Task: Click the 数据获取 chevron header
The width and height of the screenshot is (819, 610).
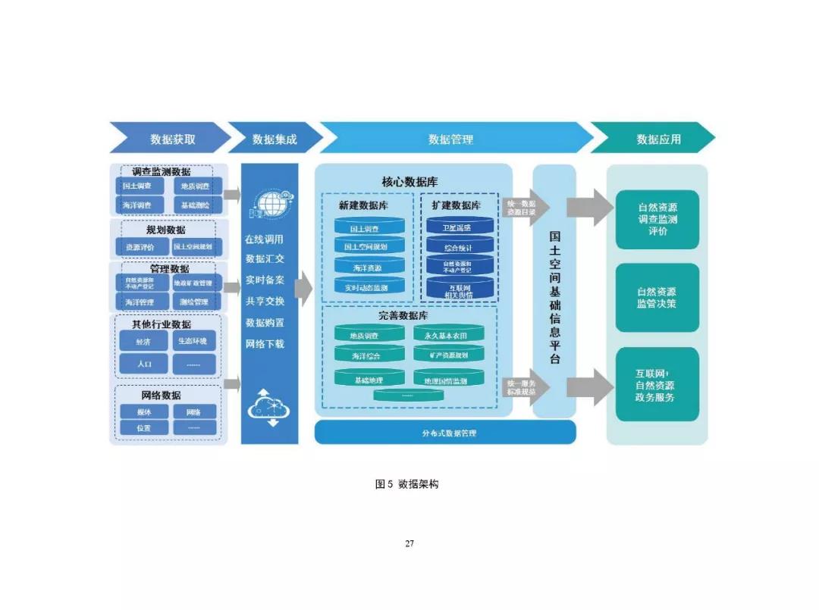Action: coord(172,139)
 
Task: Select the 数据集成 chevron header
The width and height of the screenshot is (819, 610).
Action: coord(275,139)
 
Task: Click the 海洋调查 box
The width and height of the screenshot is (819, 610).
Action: coord(138,205)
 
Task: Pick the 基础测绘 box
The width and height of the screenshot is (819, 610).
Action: coord(194,205)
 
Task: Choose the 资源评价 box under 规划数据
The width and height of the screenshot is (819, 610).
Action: coord(140,247)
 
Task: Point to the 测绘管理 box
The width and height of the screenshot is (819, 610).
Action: coord(194,302)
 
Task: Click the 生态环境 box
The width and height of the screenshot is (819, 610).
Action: coord(194,341)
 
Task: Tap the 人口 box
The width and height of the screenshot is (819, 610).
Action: coord(143,364)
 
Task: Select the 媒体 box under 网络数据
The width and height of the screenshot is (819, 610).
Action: coord(143,412)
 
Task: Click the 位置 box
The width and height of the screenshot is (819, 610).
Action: coord(143,428)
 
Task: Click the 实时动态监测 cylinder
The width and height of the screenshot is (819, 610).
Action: coord(366,287)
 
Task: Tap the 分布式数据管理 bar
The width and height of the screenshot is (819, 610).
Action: coord(445,433)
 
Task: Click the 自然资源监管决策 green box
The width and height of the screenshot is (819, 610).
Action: coord(657,298)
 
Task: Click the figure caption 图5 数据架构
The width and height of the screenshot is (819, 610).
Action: coord(406,483)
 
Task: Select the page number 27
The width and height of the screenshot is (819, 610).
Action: coord(409,543)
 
